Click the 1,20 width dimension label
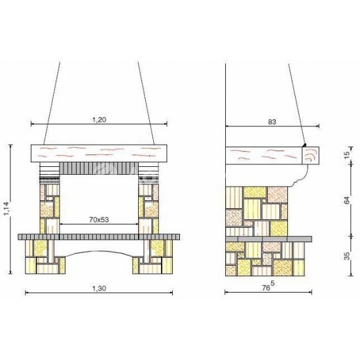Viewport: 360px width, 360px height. [x=99, y=120]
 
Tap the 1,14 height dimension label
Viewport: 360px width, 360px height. [x=7, y=208]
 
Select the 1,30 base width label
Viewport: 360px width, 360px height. [x=99, y=289]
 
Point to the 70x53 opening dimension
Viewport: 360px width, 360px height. [x=99, y=220]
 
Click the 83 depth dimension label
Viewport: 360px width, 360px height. [x=272, y=122]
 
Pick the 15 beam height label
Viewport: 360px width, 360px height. [x=347, y=153]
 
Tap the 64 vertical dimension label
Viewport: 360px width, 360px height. [x=347, y=200]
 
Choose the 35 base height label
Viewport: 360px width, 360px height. [x=347, y=256]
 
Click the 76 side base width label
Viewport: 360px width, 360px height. [x=266, y=288]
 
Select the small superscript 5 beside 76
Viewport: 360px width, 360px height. [x=273, y=284]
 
